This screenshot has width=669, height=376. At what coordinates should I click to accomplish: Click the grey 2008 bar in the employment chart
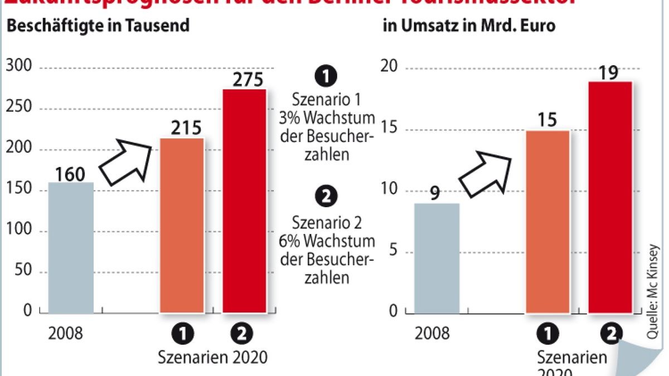coord(71,247)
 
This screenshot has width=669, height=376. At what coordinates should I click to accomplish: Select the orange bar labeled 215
coord(182,225)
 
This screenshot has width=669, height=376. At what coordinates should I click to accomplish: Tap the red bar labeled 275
coord(244,201)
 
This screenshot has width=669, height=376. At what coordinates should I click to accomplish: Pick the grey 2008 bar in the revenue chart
coord(437,258)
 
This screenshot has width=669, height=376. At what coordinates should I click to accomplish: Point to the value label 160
coord(71,174)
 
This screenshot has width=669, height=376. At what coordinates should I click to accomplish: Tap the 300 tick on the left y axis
coord(19,67)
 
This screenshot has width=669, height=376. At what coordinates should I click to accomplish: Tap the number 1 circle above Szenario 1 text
coord(326,76)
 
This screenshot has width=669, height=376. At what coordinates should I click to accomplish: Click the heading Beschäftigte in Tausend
coord(98,26)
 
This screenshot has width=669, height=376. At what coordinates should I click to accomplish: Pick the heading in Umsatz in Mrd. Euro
coord(468,26)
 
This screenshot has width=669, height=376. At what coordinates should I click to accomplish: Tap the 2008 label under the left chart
coord(65,334)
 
